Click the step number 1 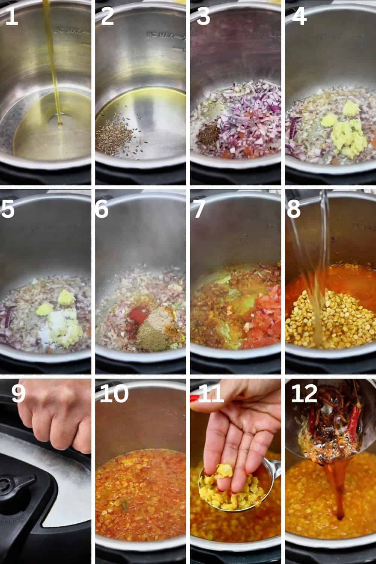point(11,17)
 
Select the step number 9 point(18,394)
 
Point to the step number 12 point(304,394)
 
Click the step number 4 point(299,17)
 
